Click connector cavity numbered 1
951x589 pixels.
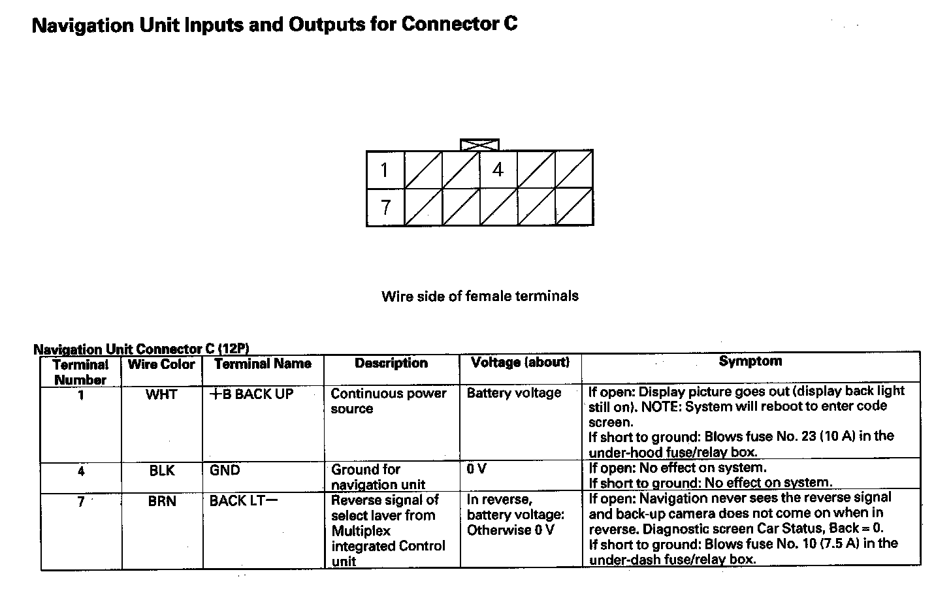(385, 170)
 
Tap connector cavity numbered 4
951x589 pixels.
(498, 170)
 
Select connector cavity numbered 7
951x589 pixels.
(385, 207)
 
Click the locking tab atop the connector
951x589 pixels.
(479, 144)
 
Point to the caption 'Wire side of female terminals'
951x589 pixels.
(479, 296)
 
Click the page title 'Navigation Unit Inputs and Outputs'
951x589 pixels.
(274, 25)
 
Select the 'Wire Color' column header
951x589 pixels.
(161, 364)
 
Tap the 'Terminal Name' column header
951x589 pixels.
(263, 364)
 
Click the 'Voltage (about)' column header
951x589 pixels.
(520, 362)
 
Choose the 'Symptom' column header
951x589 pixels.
(750, 361)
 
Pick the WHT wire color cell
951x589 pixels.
(161, 394)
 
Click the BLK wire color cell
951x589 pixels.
(161, 471)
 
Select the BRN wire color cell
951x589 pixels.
(161, 501)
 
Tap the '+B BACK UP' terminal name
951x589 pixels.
(251, 394)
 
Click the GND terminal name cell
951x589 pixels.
(225, 470)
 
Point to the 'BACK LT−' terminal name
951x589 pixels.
(243, 501)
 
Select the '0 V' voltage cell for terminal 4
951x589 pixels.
(476, 469)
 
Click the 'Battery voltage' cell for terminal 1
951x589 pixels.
(514, 393)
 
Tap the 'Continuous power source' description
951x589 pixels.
(388, 401)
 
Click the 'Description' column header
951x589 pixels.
(391, 363)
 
